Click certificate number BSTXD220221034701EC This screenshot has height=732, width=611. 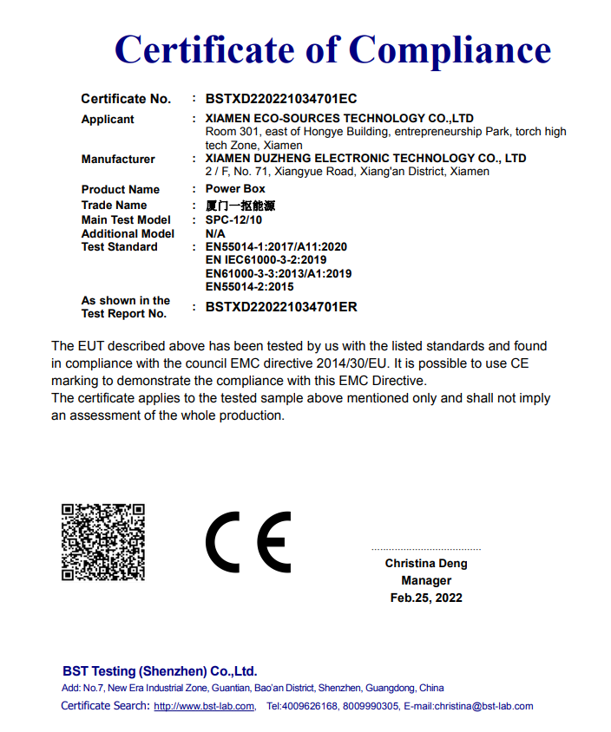point(281,99)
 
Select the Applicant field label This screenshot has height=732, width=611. point(108,120)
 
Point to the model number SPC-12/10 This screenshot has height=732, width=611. point(233,220)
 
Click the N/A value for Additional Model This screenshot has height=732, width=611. point(215,234)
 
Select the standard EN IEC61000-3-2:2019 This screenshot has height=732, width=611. point(266,260)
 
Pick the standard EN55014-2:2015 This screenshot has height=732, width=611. point(249,286)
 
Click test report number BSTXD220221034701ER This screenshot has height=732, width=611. point(281,307)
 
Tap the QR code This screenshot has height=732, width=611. point(102,542)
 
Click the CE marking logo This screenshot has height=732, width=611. point(247,542)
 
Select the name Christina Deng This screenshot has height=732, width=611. point(426,564)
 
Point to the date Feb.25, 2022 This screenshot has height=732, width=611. point(426,598)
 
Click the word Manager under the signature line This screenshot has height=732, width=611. point(426,581)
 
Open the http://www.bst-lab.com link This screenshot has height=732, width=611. point(204,706)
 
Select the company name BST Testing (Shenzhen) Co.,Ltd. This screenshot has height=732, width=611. point(160,671)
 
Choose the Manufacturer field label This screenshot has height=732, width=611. point(118,160)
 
